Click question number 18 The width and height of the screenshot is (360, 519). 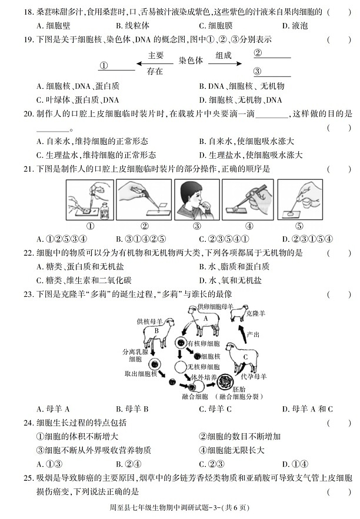26,11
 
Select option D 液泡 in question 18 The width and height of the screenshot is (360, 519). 295,25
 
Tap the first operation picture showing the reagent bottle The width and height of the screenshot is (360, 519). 89,199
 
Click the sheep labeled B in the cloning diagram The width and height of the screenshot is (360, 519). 158,332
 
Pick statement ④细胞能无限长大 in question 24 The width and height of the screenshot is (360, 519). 232,450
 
